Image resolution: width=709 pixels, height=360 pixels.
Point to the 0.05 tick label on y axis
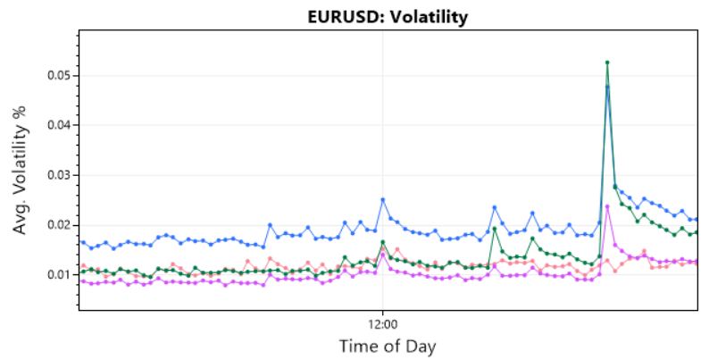pos(59,76)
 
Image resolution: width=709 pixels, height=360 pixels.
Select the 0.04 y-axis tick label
pos(59,125)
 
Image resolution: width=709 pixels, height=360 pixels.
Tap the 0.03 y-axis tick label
pos(59,175)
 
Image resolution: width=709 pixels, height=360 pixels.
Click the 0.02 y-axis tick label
pos(59,224)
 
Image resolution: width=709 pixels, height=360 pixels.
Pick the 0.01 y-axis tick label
pos(59,274)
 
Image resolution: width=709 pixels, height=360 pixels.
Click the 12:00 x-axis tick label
pos(382,324)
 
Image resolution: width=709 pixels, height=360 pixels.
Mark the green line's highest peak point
pos(607,63)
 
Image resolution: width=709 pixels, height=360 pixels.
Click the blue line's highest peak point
pos(607,87)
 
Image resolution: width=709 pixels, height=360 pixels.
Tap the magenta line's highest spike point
pos(607,206)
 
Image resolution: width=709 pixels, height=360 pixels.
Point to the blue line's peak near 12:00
pos(382,199)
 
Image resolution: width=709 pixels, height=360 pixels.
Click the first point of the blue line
pos(83,242)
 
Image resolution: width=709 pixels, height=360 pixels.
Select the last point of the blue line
pos(696,219)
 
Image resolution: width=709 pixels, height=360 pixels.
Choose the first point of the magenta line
pos(83,281)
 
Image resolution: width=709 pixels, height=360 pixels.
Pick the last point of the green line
pos(696,233)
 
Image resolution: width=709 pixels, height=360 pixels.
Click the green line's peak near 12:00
pos(382,242)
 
